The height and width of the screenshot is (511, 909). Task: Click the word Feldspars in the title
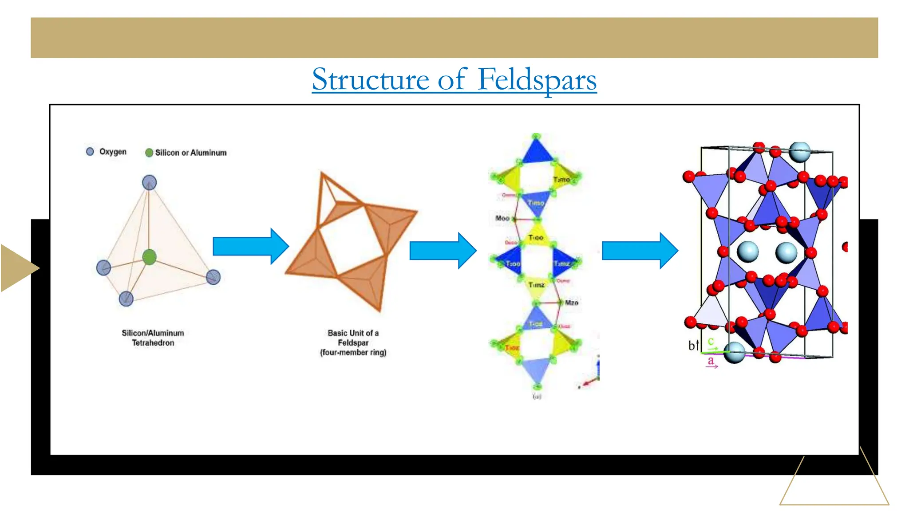tap(537, 80)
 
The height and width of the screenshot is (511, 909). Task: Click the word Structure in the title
tap(371, 80)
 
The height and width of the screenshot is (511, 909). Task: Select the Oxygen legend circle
tap(90, 152)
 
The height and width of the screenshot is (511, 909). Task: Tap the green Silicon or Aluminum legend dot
tap(149, 153)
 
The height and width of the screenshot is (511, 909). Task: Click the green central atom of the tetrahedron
tap(150, 257)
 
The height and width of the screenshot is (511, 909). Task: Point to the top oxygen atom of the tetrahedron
tap(149, 183)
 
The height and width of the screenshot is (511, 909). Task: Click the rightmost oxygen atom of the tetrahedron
tap(213, 277)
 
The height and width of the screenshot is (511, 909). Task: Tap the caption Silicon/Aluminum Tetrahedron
tap(153, 338)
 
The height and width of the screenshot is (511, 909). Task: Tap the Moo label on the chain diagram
tap(502, 218)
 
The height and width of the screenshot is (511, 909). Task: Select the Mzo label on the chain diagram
tap(571, 303)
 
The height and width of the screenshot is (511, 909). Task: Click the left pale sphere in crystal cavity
tap(747, 252)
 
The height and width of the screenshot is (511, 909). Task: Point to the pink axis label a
tap(711, 361)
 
